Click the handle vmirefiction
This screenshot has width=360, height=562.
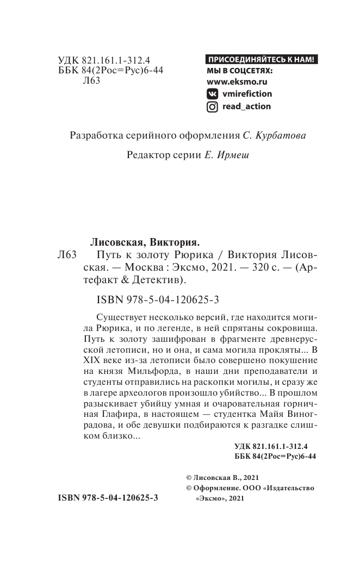tap(247, 93)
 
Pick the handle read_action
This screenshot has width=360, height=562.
tap(246, 107)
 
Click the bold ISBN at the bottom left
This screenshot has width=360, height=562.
tap(107, 497)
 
